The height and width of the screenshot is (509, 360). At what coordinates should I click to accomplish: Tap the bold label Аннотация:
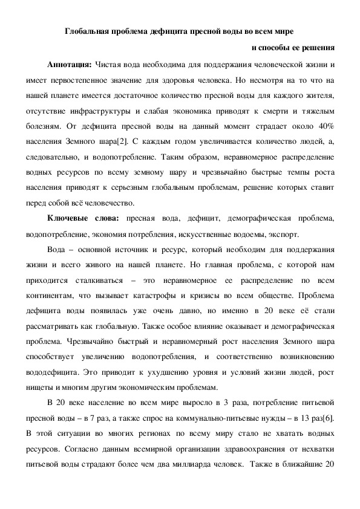tap(70, 63)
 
